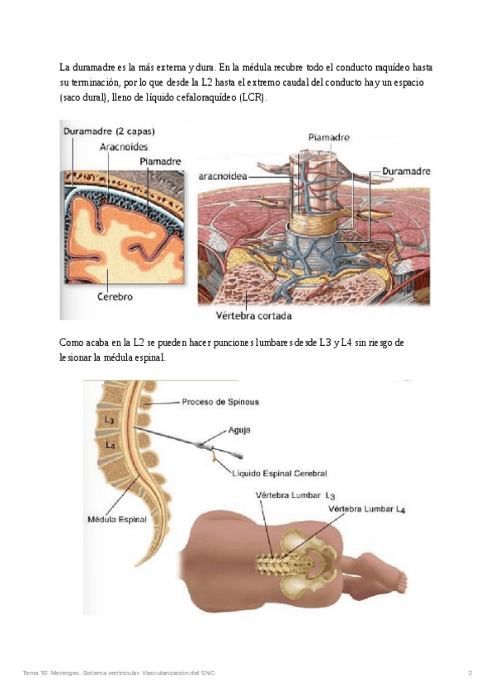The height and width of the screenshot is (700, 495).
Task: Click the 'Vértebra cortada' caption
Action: pyautogui.click(x=252, y=315)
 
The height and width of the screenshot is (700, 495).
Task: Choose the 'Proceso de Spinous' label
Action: pyautogui.click(x=220, y=402)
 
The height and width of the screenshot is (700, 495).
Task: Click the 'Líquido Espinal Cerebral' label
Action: pyautogui.click(x=280, y=474)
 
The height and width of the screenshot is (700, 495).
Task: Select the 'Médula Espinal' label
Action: pyautogui.click(x=116, y=520)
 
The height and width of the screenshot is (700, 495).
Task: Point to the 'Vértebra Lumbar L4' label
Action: pyautogui.click(x=367, y=509)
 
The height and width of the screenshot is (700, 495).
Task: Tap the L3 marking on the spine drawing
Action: pyautogui.click(x=110, y=421)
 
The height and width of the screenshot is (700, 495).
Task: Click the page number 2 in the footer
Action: pyautogui.click(x=470, y=674)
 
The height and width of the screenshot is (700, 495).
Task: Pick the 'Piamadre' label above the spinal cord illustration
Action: pyautogui.click(x=328, y=137)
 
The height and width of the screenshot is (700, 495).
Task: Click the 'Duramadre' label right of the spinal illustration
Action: pyautogui.click(x=407, y=171)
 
